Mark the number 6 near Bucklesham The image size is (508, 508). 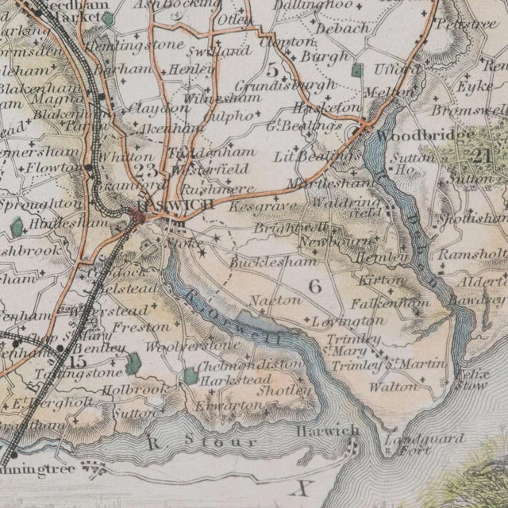pyautogui.click(x=314, y=287)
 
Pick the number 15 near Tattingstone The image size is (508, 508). pyautogui.click(x=77, y=361)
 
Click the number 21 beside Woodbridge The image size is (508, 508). pyautogui.click(x=479, y=156)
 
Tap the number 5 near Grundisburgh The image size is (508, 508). pyautogui.click(x=273, y=70)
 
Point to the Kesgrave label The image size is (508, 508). pyautogui.click(x=251, y=206)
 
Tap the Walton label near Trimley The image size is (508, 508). pyautogui.click(x=394, y=387)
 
